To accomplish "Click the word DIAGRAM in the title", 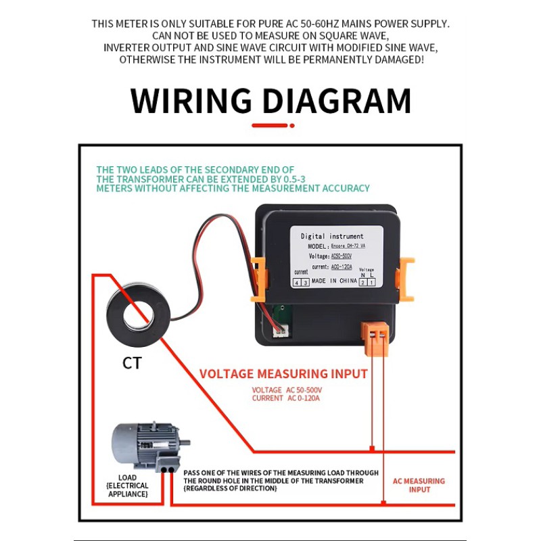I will coord(336,101).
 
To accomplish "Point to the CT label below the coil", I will coord(132,363).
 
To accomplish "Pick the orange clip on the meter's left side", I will coord(257,277).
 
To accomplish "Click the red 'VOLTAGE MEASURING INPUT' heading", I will coord(283,374).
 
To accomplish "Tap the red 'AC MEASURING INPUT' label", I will coord(419,485).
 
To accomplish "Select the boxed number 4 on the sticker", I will coord(297,282).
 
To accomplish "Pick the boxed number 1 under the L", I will coord(371,282).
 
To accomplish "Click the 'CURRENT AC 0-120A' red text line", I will coord(285,398).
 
